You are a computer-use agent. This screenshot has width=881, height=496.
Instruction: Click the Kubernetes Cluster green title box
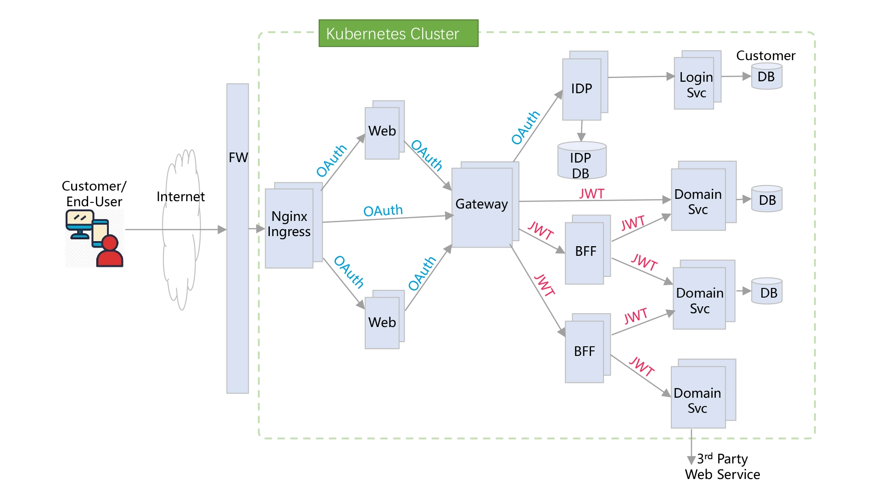(398, 33)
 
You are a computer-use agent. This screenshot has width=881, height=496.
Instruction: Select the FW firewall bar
(238, 238)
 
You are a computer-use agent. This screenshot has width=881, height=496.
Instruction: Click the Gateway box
(482, 207)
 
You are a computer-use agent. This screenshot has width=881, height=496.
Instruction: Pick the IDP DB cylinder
(582, 161)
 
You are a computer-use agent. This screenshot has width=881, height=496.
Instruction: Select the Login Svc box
(694, 83)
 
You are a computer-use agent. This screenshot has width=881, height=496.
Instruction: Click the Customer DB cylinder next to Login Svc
(767, 76)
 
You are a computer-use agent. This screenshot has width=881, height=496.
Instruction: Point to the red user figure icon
(110, 251)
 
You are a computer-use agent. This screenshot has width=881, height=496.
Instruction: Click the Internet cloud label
(180, 197)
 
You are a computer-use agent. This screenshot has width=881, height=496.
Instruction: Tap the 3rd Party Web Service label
(722, 467)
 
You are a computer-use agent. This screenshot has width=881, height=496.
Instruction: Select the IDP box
(582, 89)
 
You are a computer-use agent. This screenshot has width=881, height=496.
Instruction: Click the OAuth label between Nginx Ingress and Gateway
(383, 211)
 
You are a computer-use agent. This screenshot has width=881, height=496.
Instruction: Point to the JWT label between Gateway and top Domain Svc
(591, 194)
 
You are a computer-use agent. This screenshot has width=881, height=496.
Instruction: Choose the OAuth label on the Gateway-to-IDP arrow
(526, 128)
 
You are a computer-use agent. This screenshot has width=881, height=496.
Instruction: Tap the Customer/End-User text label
(94, 194)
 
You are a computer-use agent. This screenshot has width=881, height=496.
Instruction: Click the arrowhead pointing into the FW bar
(222, 229)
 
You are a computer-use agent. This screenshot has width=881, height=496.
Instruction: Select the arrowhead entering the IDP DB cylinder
(581, 137)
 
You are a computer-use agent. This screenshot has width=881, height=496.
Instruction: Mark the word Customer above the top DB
(765, 56)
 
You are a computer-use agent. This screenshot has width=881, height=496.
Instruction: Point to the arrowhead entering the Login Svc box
(670, 77)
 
